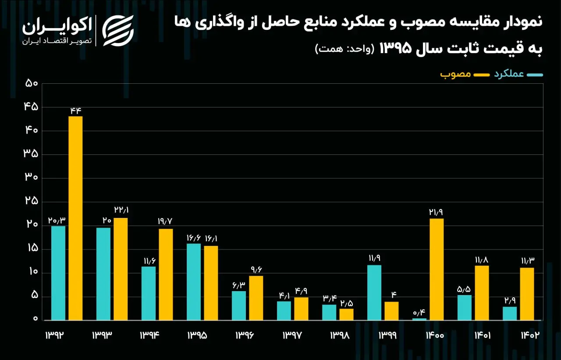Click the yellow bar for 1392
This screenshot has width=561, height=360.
[75, 218]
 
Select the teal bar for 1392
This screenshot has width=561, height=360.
[58, 273]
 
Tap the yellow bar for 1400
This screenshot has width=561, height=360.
[437, 269]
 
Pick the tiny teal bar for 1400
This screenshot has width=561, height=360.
[419, 319]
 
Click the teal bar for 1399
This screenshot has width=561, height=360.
[374, 292]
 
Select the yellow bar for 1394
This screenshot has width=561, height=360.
[166, 274]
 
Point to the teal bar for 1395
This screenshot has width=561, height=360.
[194, 282]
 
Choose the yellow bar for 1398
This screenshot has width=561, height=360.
[346, 314]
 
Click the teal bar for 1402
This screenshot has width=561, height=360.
[510, 314]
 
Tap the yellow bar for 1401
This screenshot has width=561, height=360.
[482, 293]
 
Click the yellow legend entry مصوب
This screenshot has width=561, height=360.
[465, 75]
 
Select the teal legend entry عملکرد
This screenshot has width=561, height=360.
[518, 75]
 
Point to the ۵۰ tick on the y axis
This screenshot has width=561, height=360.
[32, 83]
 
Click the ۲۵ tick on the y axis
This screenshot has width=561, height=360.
[32, 201]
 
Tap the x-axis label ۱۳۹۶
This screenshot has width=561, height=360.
[245, 335]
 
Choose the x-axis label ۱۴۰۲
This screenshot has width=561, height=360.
[530, 335]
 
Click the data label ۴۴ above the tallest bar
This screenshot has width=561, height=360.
[75, 110]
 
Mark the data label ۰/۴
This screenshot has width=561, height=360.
[419, 313]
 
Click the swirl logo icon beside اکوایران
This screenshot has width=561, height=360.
[118, 31]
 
